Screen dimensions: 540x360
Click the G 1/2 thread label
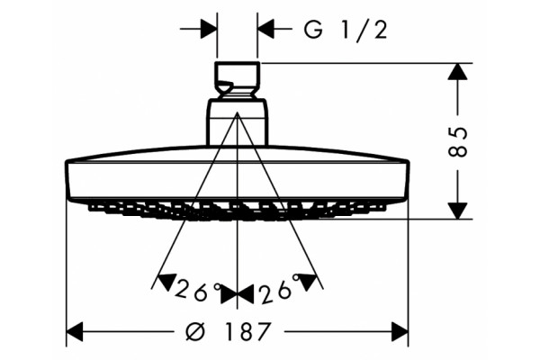346,30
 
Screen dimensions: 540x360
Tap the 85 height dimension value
459,141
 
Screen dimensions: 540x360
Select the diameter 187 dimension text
228,332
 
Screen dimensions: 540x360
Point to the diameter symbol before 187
195,332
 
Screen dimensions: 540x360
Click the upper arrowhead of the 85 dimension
458,72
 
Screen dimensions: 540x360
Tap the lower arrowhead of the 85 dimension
458,211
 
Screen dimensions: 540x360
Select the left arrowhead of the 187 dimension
75,332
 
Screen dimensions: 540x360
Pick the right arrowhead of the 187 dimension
400,332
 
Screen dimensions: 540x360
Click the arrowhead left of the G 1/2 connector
209,29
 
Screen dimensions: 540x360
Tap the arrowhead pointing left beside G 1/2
265,29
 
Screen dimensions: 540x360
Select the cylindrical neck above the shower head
238,122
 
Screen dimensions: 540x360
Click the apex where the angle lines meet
238,112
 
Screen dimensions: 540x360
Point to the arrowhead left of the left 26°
165,282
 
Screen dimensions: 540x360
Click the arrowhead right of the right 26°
309,282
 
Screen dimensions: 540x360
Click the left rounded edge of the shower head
67,179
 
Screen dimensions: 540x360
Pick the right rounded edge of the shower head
408,179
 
